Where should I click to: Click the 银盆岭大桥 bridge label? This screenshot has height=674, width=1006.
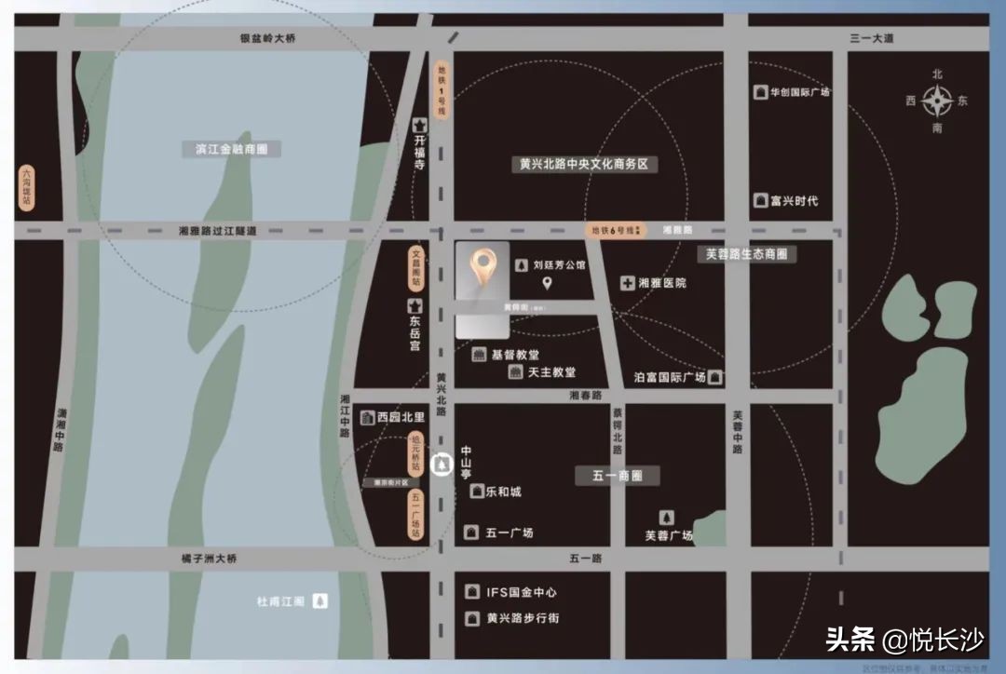tap(267, 38)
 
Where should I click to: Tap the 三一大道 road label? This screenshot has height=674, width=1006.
tap(871, 38)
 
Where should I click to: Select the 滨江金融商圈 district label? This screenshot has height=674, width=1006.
tap(231, 149)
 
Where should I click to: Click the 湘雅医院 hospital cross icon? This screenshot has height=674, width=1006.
tap(628, 282)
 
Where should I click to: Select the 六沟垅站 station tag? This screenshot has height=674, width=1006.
tap(27, 187)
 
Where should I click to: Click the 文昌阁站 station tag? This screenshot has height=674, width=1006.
tap(417, 267)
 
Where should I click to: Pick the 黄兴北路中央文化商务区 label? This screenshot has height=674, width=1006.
tap(584, 164)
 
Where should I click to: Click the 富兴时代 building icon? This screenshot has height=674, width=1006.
tap(761, 200)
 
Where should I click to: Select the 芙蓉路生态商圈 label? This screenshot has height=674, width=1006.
tap(746, 253)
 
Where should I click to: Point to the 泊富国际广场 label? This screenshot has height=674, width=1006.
tap(670, 377)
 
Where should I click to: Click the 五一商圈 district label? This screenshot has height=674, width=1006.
tap(618, 476)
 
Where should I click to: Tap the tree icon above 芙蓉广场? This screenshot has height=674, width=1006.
tap(667, 518)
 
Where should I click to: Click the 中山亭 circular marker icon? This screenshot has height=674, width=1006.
tap(442, 464)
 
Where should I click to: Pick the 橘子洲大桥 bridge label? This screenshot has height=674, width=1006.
tap(210, 559)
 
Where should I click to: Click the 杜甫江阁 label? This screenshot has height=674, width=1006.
tap(281, 601)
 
